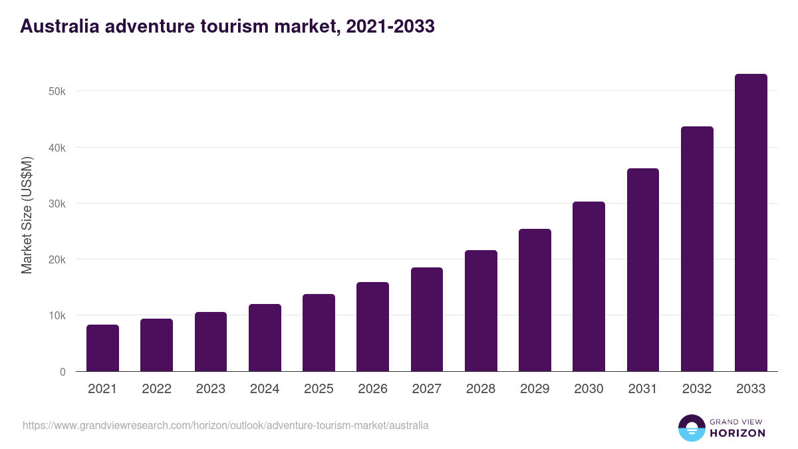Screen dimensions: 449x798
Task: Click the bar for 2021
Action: [102, 348]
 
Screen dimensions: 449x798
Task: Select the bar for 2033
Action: [751, 223]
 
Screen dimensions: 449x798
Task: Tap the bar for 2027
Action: [426, 319]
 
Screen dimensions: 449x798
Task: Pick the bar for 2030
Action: [589, 286]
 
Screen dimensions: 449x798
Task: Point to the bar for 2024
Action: [265, 338]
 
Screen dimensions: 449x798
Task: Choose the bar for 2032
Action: [697, 249]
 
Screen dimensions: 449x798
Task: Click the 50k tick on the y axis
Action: [57, 91]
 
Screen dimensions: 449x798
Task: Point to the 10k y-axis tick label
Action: [57, 315]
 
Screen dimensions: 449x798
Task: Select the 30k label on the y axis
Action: [57, 204]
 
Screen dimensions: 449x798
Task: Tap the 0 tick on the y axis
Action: [63, 372]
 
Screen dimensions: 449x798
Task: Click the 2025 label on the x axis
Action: [319, 389]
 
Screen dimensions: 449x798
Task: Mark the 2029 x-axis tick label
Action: [535, 389]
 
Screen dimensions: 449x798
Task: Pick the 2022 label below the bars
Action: [156, 389]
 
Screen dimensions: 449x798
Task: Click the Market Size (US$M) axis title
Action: [27, 216]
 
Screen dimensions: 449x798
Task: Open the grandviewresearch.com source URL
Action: [225, 425]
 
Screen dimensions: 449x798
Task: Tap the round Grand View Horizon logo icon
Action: [691, 428]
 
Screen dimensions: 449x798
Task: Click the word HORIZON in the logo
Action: [737, 433]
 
